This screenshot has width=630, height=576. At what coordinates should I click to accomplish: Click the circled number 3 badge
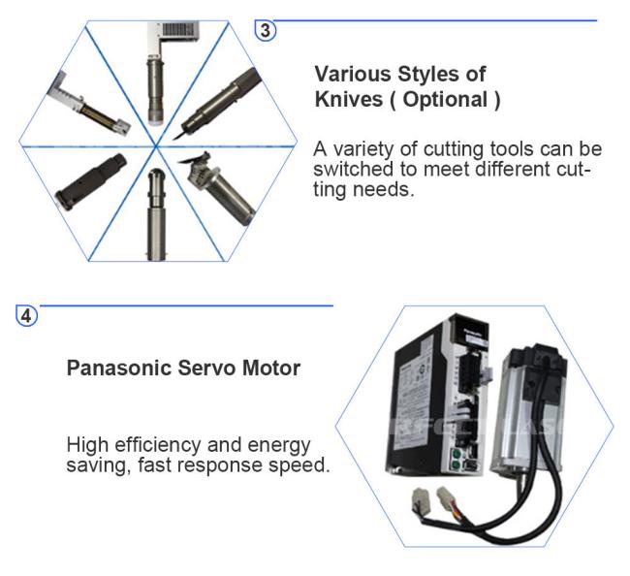(x=266, y=31)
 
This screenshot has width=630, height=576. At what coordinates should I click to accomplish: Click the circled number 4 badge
(x=26, y=316)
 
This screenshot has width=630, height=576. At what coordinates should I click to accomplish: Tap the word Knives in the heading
(x=348, y=99)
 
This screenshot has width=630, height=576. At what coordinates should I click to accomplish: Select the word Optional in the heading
(x=445, y=100)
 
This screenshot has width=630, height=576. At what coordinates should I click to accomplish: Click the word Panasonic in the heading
(x=119, y=368)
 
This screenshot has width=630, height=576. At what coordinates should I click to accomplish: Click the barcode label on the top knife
(x=179, y=31)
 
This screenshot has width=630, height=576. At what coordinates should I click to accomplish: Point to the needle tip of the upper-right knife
(x=173, y=140)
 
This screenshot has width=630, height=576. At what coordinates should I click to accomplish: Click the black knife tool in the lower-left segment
(x=91, y=181)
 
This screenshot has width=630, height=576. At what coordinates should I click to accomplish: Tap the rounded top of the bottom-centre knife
(x=156, y=175)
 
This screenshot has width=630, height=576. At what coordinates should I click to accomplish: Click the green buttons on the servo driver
(x=456, y=460)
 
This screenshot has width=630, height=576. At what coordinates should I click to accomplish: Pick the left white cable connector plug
(x=421, y=499)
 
